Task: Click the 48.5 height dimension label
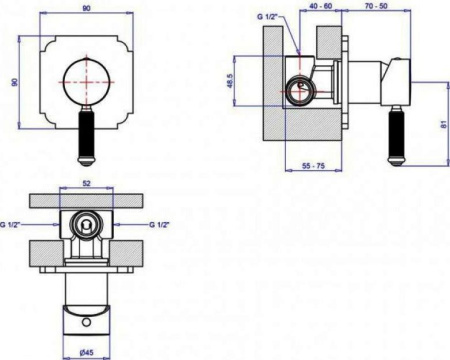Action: click(230, 81)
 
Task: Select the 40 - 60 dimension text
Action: click(320, 6)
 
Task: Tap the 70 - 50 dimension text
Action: click(376, 6)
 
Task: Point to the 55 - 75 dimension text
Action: click(313, 165)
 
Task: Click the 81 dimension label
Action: click(443, 125)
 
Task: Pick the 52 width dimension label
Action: click(86, 183)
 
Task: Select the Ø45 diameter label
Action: click(86, 352)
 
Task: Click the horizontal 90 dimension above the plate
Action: click(86, 8)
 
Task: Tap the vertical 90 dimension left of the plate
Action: click(14, 82)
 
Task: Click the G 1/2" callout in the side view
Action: click(267, 16)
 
